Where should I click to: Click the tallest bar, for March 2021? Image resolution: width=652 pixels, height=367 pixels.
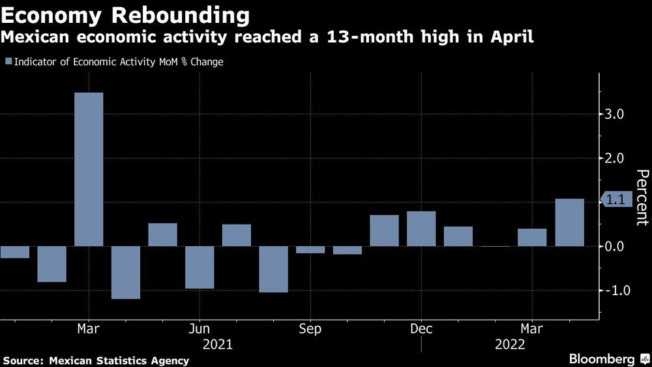click(89, 170)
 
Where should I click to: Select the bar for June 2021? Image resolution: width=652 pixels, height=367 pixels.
click(200, 267)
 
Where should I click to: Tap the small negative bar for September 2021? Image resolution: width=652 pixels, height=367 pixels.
click(310, 249)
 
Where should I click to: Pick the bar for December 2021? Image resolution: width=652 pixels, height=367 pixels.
click(421, 229)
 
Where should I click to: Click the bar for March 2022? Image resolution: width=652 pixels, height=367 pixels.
click(532, 238)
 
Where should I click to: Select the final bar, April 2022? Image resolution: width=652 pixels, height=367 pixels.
click(569, 223)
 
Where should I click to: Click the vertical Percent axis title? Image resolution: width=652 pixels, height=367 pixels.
click(642, 197)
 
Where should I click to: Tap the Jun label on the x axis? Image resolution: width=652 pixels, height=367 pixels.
click(200, 329)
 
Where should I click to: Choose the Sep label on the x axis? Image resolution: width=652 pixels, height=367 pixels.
click(310, 329)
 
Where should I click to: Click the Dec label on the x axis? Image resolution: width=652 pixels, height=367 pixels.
click(421, 329)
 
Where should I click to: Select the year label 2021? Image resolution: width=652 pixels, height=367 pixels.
click(217, 343)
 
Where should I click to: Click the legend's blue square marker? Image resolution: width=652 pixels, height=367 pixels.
click(8, 62)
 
